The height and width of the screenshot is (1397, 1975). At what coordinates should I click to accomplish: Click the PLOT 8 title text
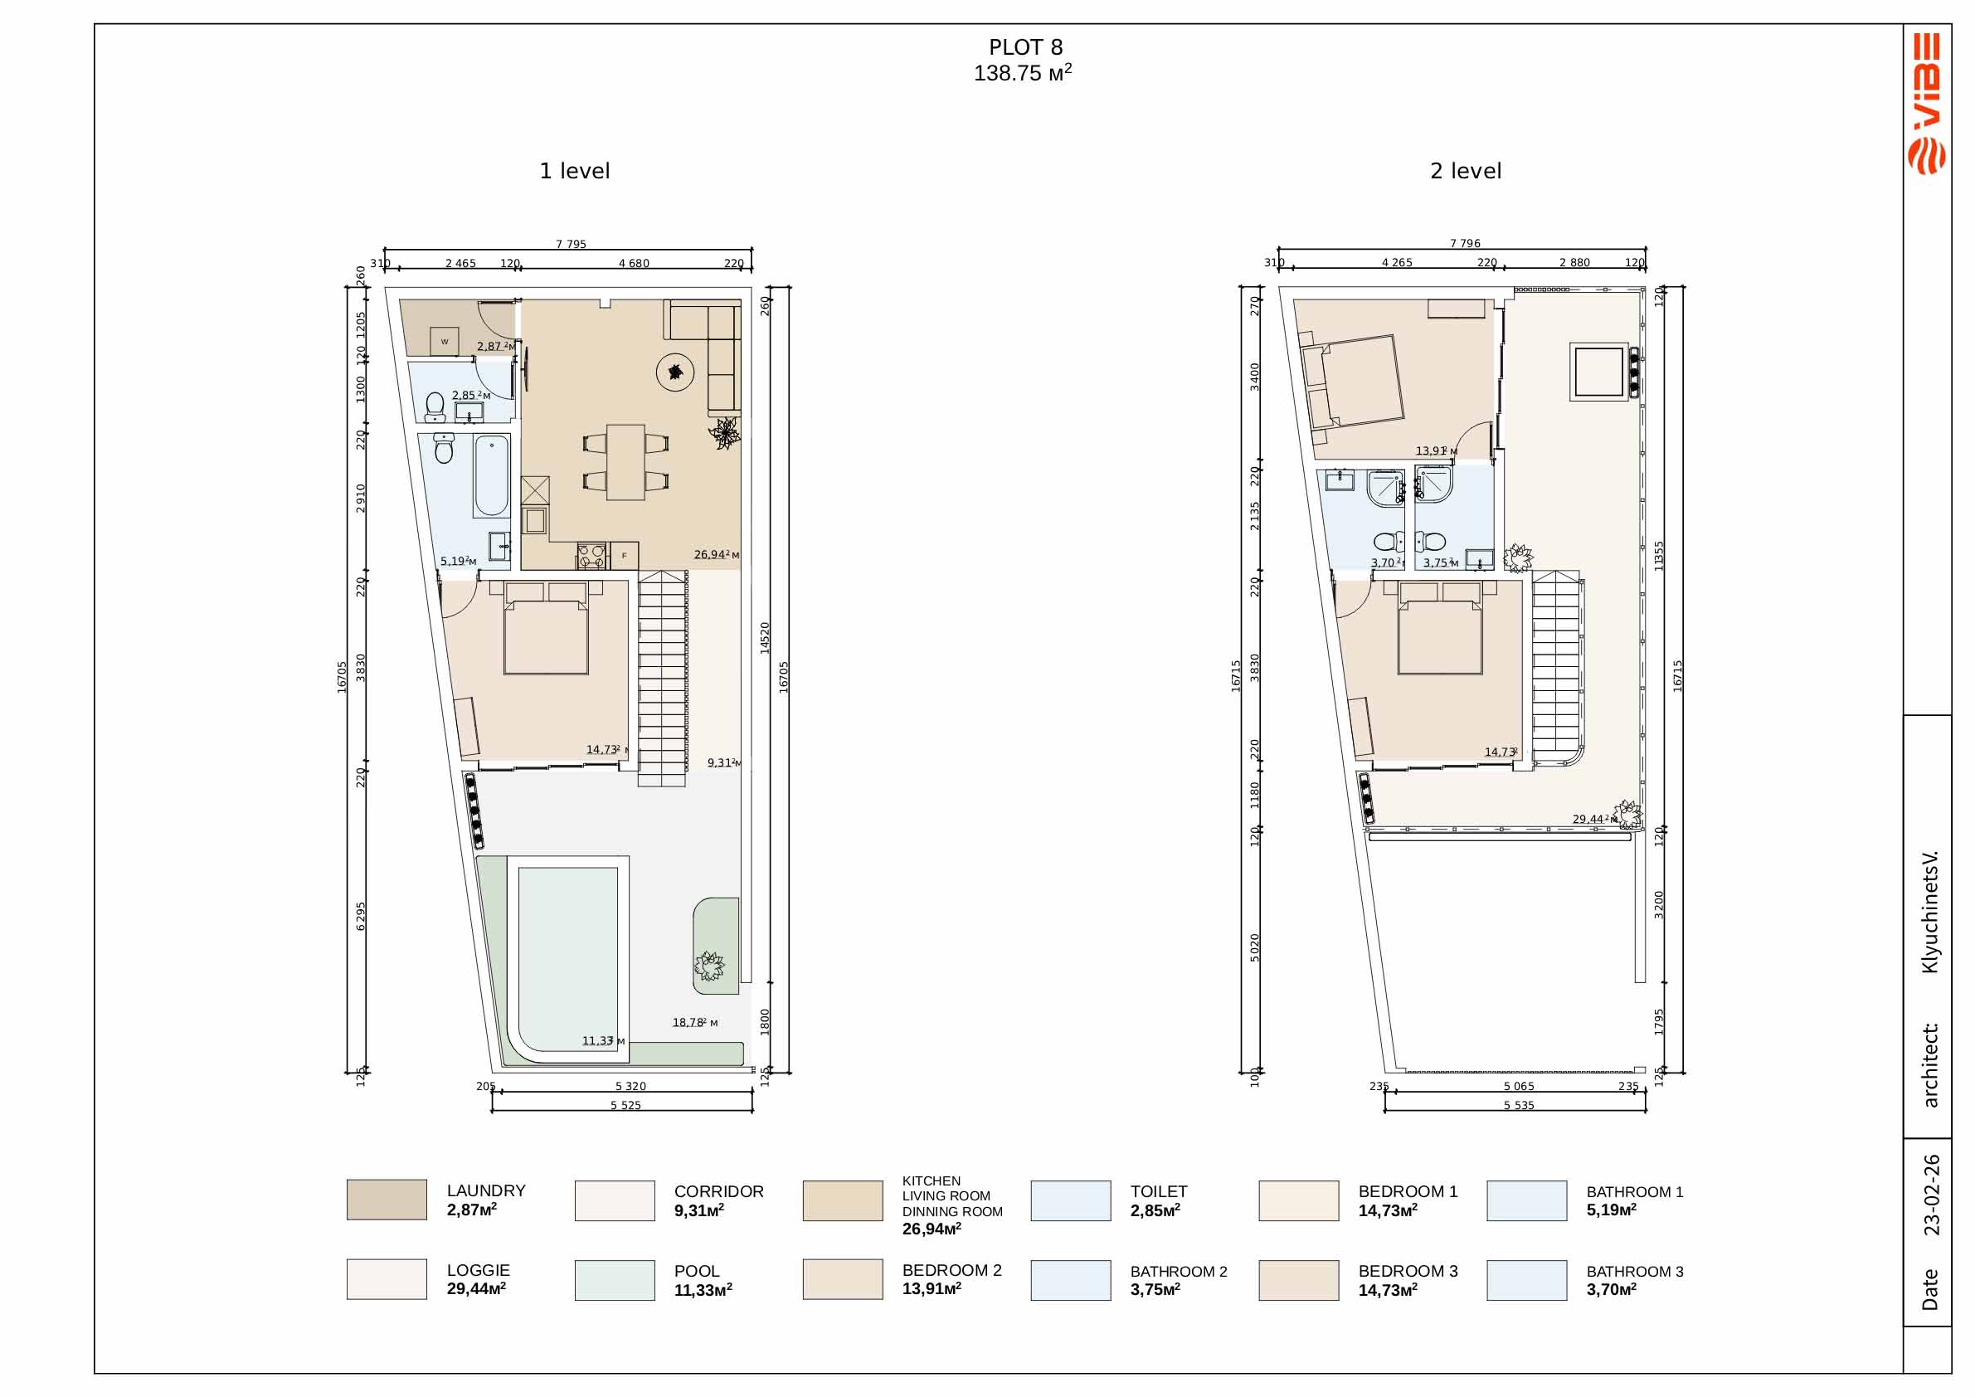(x=1025, y=47)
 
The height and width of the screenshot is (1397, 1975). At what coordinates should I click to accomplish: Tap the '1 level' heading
(x=575, y=171)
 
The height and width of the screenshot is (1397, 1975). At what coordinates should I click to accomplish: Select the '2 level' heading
(x=1466, y=171)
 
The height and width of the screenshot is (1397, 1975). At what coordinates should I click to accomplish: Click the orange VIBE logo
(x=1927, y=103)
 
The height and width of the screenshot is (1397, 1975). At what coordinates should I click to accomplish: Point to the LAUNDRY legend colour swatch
(x=387, y=1200)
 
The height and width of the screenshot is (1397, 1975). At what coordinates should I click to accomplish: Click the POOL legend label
(x=697, y=1272)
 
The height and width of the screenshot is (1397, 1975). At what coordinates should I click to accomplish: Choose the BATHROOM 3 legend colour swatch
(x=1527, y=1280)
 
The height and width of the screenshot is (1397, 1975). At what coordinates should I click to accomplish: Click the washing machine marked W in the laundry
(x=445, y=342)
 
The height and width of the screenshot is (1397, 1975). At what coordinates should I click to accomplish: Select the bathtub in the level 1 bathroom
(x=491, y=475)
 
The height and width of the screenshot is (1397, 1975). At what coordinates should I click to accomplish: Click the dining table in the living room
(x=625, y=462)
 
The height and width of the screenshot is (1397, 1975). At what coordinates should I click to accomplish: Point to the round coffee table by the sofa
(x=675, y=372)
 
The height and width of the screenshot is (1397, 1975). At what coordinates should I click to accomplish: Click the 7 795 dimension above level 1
(x=571, y=244)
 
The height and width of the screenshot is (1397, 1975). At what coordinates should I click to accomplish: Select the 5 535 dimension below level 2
(x=1518, y=1105)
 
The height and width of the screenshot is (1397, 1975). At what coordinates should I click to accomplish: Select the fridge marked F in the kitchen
(x=625, y=556)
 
